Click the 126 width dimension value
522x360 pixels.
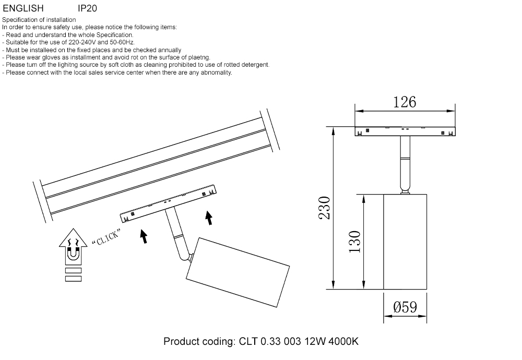coord(405,102)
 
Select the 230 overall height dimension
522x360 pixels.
coord(325,208)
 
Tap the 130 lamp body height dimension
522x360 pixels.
coord(354,241)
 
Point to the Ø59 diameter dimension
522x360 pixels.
coord(405,307)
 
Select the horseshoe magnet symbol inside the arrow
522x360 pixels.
coord(73,255)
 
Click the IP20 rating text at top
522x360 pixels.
coord(87,9)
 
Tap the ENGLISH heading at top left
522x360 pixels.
coord(23,9)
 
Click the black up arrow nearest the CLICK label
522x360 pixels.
coord(144,236)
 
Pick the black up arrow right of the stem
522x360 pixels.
coord(209,218)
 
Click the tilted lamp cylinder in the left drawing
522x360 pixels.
coord(238,271)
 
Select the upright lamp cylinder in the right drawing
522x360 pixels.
coord(405,241)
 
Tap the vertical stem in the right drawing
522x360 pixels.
coord(405,164)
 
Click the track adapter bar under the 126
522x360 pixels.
coord(405,131)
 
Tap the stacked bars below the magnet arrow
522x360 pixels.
coord(73,274)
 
